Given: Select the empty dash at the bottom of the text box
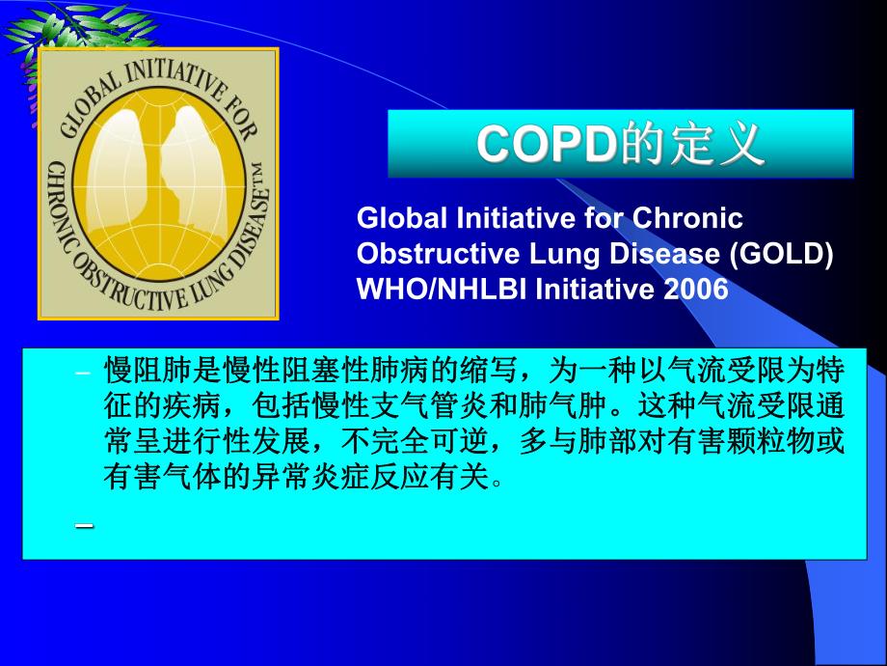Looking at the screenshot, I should [x=84, y=525].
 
